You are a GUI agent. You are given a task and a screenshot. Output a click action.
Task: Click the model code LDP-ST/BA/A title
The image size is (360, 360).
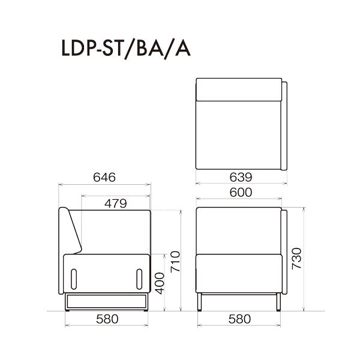(x=126, y=49)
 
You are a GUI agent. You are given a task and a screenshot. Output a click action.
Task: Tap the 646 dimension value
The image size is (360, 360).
(x=104, y=178)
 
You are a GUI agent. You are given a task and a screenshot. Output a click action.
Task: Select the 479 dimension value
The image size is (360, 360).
(x=115, y=203)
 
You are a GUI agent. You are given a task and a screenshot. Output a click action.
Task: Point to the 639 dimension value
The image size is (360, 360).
(x=241, y=177)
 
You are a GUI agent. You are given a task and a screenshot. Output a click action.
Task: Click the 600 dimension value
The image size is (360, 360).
(x=241, y=193)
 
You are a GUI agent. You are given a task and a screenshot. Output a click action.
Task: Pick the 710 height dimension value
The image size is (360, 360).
(x=175, y=262)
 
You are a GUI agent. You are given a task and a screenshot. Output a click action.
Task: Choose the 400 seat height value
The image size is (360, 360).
(x=160, y=283)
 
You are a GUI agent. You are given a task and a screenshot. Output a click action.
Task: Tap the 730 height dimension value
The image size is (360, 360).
(x=296, y=259)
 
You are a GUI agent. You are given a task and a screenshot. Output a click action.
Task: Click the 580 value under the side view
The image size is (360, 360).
(x=107, y=319)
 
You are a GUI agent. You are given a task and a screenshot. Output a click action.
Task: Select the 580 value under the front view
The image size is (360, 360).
(x=239, y=319)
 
